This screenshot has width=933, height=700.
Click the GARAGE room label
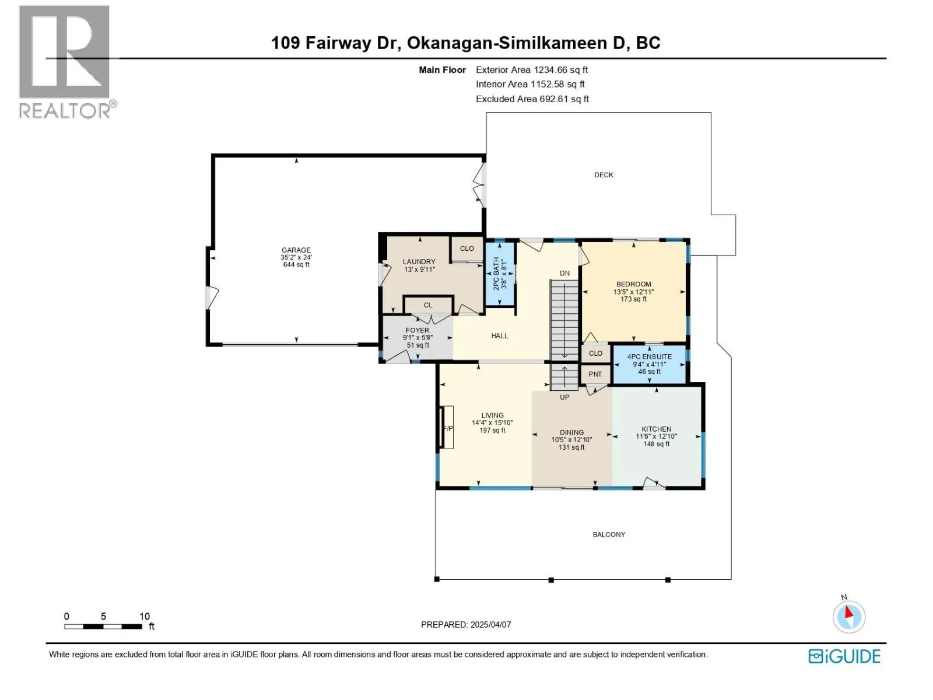(296, 250)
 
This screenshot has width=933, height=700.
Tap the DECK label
(603, 174)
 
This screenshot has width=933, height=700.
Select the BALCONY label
(609, 534)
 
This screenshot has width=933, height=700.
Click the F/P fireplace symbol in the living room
(447, 427)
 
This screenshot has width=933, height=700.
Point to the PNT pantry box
(595, 374)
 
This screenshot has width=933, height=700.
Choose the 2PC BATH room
(500, 273)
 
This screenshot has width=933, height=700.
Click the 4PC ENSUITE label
(649, 356)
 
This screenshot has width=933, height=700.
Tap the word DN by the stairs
(564, 273)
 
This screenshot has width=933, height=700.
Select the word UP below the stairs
(564, 397)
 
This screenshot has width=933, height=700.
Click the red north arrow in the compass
(848, 612)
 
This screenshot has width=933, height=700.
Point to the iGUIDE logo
(844, 657)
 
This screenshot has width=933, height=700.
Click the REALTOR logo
(66, 62)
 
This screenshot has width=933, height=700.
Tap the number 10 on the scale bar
(145, 616)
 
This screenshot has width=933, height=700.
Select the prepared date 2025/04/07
(490, 624)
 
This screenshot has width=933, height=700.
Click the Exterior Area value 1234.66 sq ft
(560, 69)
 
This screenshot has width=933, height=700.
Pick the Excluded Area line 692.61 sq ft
(532, 99)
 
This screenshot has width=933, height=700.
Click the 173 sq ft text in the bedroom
(633, 299)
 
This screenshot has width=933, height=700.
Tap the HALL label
(499, 336)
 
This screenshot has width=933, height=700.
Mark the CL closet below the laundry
(428, 305)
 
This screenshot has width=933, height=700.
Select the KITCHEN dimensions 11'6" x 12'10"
(656, 436)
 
